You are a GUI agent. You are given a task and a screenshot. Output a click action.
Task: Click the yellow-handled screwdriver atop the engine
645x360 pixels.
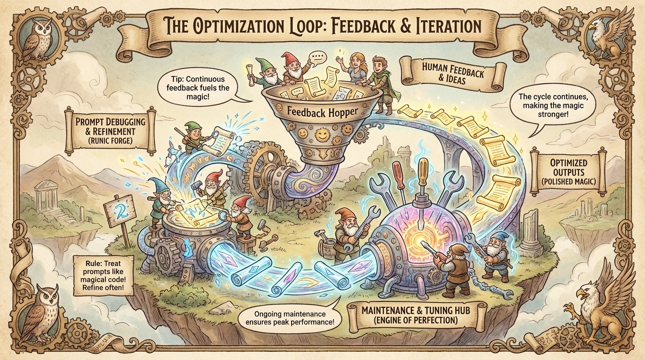coord(422,178)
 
